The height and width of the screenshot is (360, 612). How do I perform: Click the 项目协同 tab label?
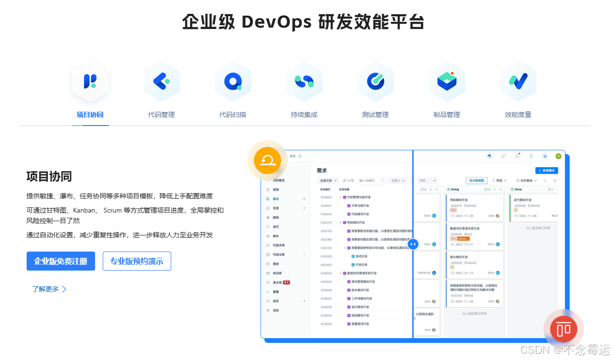click(x=90, y=115)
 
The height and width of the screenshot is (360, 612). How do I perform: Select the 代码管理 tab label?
click(x=161, y=115)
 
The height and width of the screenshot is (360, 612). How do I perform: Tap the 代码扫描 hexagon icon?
click(x=233, y=81)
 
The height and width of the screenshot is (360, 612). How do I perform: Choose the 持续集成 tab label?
click(x=304, y=115)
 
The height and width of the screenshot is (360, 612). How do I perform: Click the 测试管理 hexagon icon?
click(x=375, y=81)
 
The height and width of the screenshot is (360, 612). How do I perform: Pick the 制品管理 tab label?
click(x=447, y=115)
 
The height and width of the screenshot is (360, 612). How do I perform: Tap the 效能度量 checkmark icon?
click(x=518, y=81)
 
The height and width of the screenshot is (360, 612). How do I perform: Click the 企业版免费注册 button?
click(x=61, y=261)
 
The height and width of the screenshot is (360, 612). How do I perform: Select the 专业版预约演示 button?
click(x=136, y=261)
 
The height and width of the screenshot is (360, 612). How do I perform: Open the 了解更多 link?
click(x=49, y=289)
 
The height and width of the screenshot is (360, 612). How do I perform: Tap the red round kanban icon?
click(x=563, y=329)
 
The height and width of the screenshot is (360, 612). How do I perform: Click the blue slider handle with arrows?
click(x=413, y=244)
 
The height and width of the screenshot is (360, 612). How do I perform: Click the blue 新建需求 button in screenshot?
click(x=546, y=171)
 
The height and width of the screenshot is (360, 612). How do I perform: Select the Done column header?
click(x=518, y=189)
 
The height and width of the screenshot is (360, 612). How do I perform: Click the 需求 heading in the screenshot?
click(x=322, y=170)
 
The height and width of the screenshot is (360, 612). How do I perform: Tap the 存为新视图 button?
click(x=476, y=181)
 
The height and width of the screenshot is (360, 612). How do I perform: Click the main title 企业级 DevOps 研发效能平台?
click(x=303, y=22)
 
